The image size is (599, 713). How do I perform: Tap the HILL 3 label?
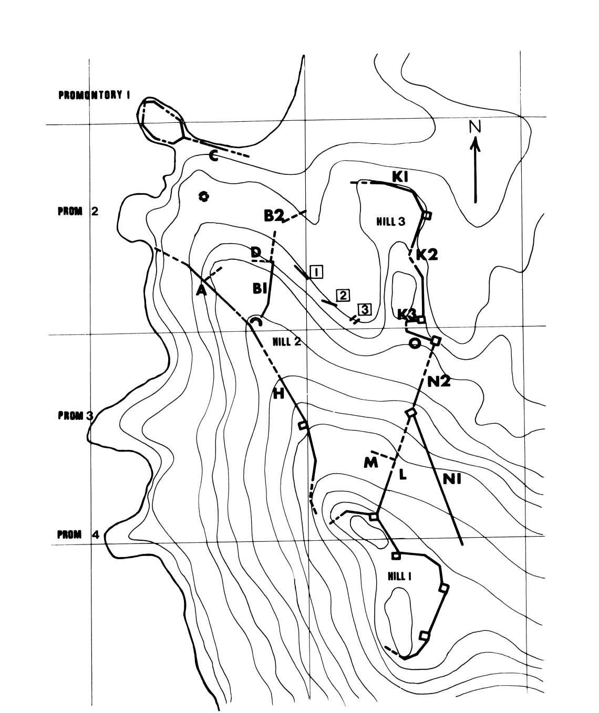[x=390, y=222]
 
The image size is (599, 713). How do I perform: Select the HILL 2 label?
[x=286, y=342]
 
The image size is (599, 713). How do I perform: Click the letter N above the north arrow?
[x=475, y=126]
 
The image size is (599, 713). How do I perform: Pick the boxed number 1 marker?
[x=316, y=271]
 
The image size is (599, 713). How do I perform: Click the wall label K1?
[x=401, y=177]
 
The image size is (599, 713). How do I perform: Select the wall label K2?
[x=427, y=255]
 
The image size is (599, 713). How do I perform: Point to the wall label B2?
[x=274, y=214]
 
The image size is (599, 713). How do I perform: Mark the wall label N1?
[x=451, y=479]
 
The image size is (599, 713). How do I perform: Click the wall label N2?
[x=439, y=382]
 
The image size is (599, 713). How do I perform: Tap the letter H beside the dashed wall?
[x=278, y=393]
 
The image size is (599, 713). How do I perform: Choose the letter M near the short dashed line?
[x=371, y=464]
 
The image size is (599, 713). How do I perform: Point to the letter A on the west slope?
[x=201, y=290]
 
